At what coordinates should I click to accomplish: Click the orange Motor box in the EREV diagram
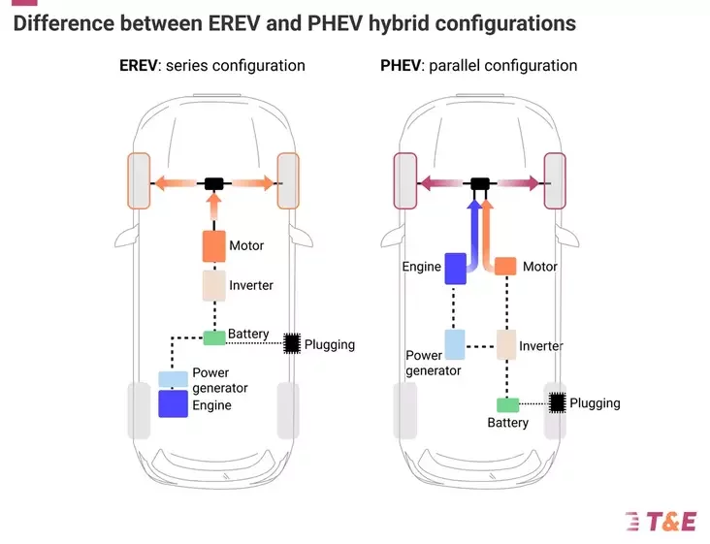(x=213, y=246)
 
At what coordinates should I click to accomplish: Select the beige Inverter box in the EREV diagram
(x=213, y=285)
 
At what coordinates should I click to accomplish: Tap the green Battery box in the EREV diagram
(x=213, y=336)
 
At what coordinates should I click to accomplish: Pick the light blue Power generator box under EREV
(x=173, y=379)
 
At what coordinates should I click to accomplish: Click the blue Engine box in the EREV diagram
(x=173, y=402)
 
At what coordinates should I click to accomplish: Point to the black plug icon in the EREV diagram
(x=291, y=343)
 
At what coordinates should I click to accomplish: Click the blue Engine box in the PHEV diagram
(x=456, y=269)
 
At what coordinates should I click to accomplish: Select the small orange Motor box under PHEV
(x=504, y=266)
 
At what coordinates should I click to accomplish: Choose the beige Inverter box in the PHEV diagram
(x=505, y=343)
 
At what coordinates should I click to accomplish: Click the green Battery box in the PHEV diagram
(x=507, y=404)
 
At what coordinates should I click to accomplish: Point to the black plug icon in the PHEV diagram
(x=557, y=402)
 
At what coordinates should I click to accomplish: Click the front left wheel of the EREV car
(x=138, y=181)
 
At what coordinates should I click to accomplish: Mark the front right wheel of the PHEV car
(x=555, y=181)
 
